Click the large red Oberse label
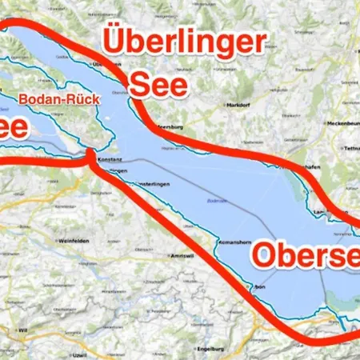pyautogui.click(x=304, y=256)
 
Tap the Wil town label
pyautogui.click(x=23, y=329)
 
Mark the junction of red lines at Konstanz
pyautogui.click(x=90, y=154)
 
